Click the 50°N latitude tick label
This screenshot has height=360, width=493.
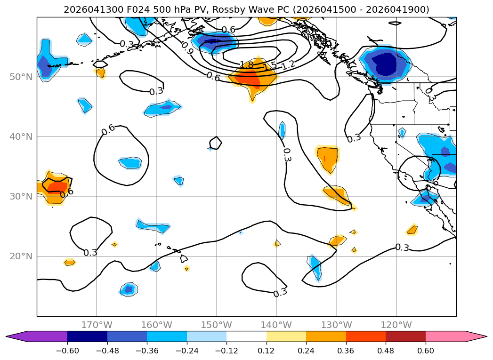coord(21,77)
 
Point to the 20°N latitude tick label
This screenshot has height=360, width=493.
coord(21,256)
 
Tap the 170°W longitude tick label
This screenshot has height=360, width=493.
coord(97,325)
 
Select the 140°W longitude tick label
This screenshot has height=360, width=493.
coord(276,325)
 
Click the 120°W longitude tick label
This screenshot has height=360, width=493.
coord(396,325)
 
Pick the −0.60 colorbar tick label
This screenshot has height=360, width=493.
coord(67,351)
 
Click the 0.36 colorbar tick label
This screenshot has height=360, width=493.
coord(346,351)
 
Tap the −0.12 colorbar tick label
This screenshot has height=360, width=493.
coord(226,351)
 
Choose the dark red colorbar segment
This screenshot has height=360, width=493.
coord(405,336)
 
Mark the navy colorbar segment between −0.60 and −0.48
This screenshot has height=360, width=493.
coord(88,336)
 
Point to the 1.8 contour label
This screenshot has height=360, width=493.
coord(247,65)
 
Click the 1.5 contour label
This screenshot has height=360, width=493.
coord(270,66)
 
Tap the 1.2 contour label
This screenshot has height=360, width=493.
coord(288,65)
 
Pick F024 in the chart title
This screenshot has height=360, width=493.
coord(138,10)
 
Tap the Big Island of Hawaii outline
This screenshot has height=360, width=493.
coord(184,259)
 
